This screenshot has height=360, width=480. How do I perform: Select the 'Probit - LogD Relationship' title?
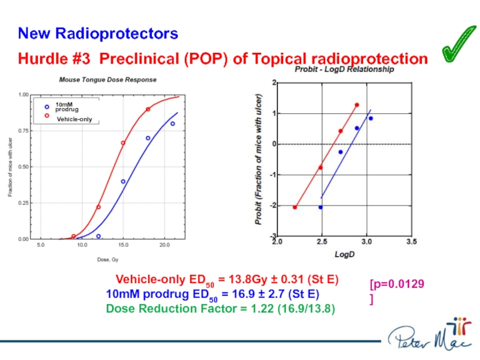coord(343,70)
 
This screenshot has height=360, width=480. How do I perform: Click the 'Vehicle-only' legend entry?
coord(74,119)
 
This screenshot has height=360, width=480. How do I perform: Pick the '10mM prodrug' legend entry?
coord(64,107)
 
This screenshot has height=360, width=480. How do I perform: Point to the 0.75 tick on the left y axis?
coord(23,131)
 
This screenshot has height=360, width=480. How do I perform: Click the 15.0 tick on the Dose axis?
coord(124,245)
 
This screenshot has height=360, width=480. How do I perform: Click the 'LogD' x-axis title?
coord(344,254)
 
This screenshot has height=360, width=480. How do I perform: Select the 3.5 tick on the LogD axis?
coord(411,243)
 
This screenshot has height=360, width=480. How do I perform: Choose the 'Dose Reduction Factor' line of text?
coord(220,309)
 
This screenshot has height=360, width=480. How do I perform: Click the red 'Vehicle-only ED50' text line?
coord(227,280)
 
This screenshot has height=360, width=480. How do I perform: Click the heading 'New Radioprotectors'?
coord(98,34)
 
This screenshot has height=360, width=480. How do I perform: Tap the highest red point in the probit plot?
coord(356,105)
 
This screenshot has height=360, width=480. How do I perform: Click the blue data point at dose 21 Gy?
coord(172,124)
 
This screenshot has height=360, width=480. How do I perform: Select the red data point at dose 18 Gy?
coord(148,109)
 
